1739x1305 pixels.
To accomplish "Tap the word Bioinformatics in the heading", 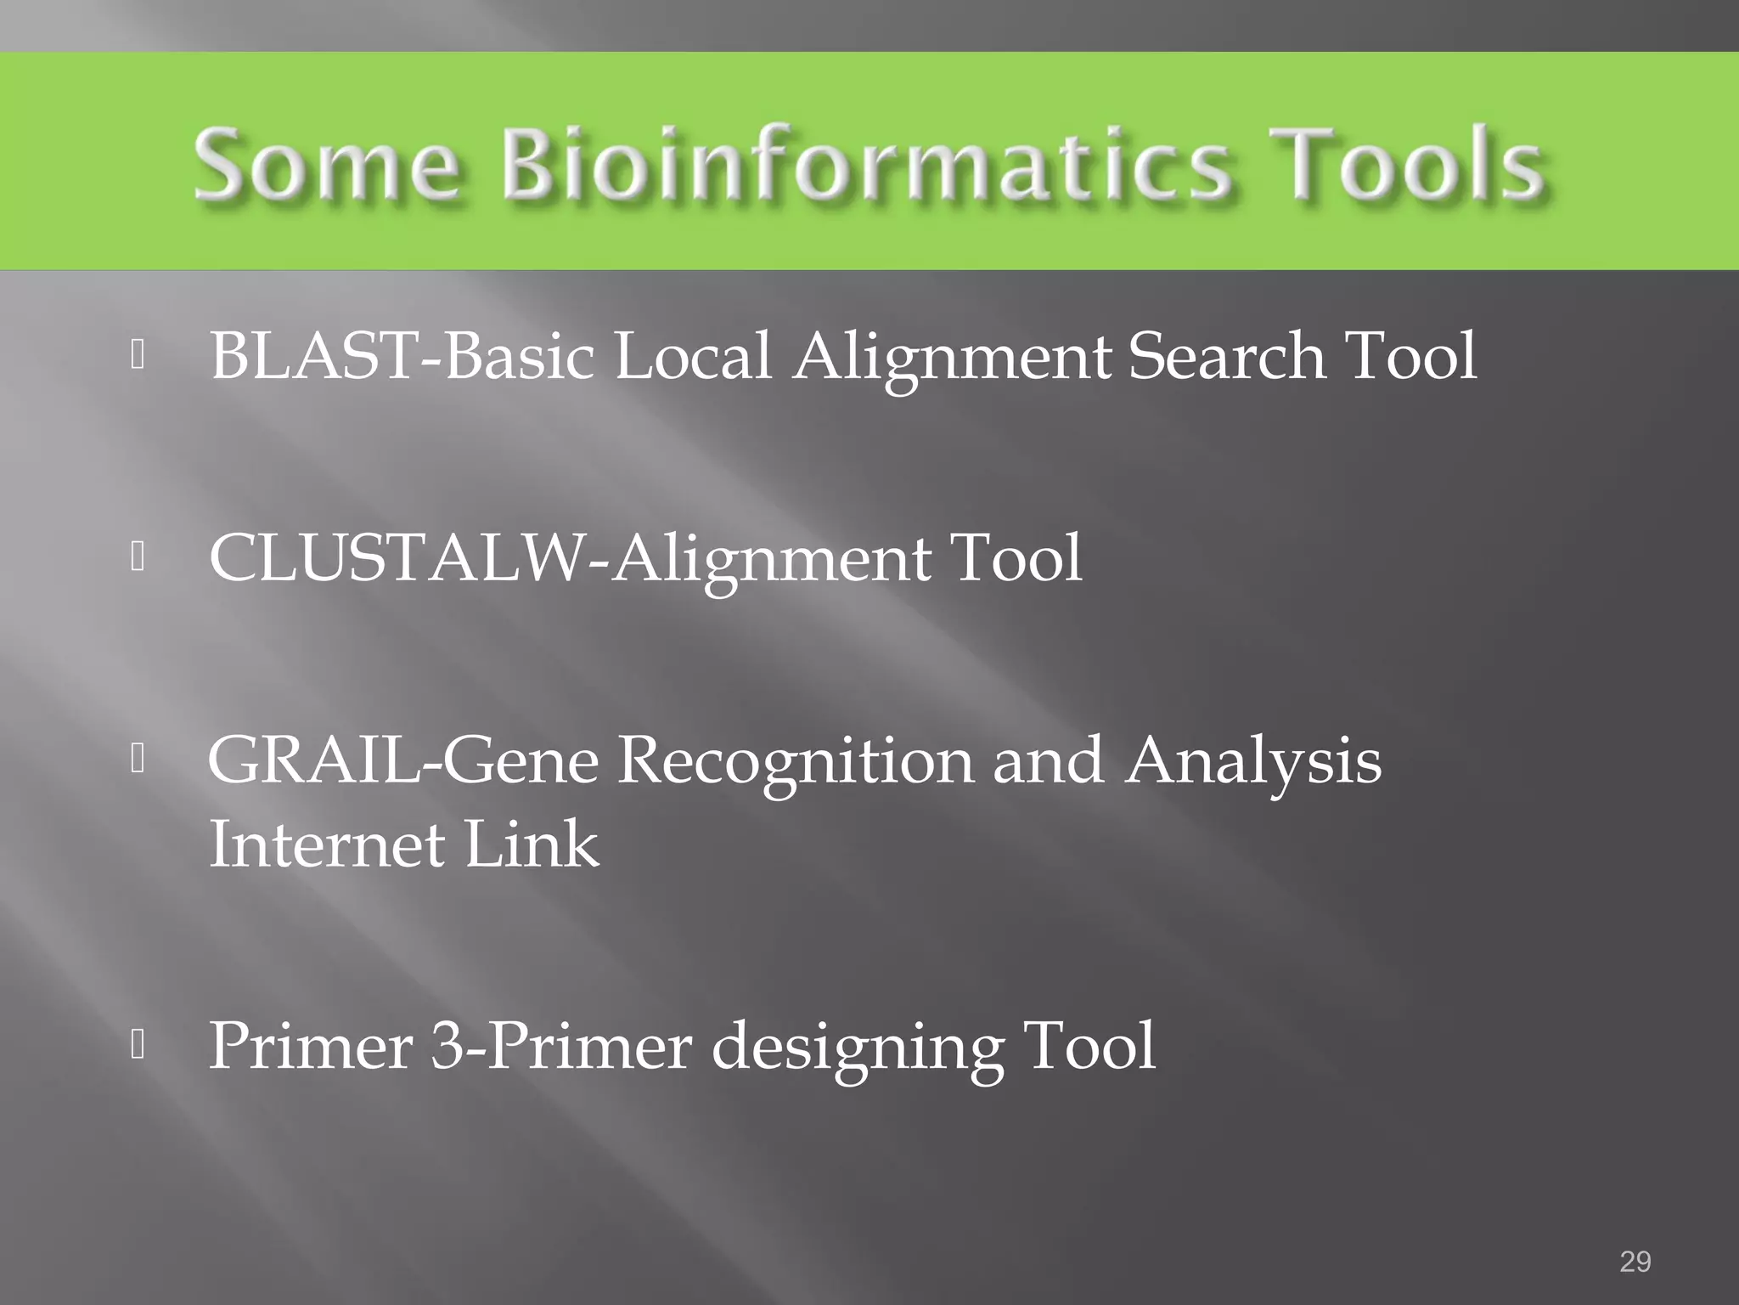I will coord(865,164).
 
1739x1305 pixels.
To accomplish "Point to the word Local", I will coord(692,356).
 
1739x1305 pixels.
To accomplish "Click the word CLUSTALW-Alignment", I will coord(570,558).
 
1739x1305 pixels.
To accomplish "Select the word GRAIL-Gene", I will coord(403,760).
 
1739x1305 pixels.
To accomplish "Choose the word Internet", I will coord(327,845).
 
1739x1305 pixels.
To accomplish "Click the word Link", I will coord(532,845).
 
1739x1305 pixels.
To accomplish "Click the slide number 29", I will coord(1635,1262).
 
